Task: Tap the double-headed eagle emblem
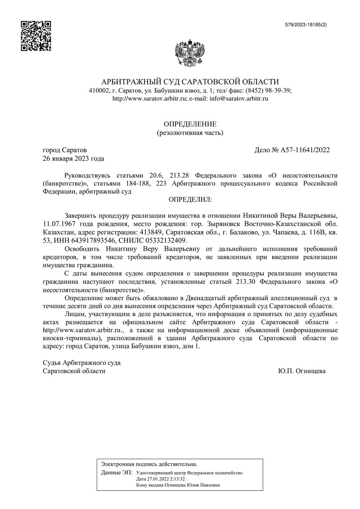tap(189, 54)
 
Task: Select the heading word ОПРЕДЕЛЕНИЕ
tap(189, 124)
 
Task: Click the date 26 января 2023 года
tap(73, 158)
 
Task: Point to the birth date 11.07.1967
tap(59, 224)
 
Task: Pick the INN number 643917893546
tap(86, 240)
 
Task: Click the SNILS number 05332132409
tap(166, 240)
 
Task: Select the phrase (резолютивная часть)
tap(189, 133)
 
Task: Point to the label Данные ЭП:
tap(117, 473)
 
